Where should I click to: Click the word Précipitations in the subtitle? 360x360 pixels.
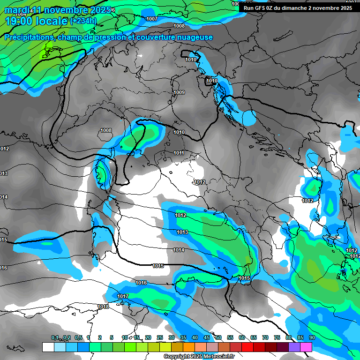point(28,37)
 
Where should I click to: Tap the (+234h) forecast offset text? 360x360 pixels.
point(83,21)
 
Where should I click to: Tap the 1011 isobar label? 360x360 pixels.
point(179,153)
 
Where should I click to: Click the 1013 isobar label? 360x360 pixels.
point(182,232)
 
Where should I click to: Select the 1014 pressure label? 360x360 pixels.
point(179,250)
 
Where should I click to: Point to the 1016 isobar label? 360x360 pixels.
point(141,283)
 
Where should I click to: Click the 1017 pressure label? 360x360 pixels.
point(123,296)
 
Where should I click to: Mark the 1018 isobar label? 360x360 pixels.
point(103,307)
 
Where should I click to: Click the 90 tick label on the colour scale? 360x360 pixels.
point(312,337)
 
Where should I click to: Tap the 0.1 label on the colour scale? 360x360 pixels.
point(55,337)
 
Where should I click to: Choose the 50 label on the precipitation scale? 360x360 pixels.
point(218,337)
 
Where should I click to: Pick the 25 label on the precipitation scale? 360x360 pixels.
point(160,337)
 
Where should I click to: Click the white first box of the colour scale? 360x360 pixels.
point(48,347)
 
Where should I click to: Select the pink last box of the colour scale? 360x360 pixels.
point(306,347)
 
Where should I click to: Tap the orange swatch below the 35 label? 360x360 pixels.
point(189,347)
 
